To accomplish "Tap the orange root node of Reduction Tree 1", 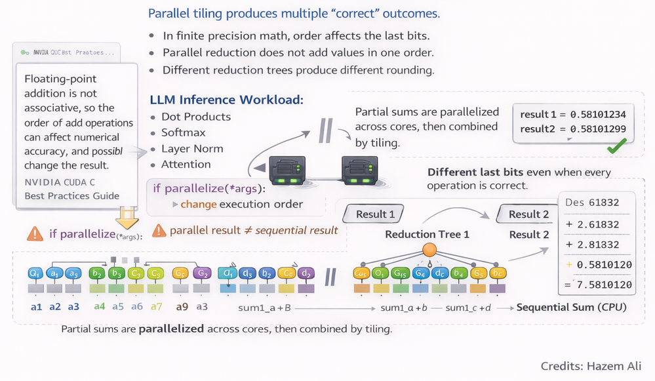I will (x=430, y=249).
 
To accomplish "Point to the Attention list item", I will (x=186, y=164).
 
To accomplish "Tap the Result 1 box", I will (x=375, y=214).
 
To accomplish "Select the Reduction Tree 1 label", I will (x=427, y=234).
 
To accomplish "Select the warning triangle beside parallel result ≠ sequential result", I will (x=159, y=230).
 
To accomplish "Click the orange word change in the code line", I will (x=198, y=204).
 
